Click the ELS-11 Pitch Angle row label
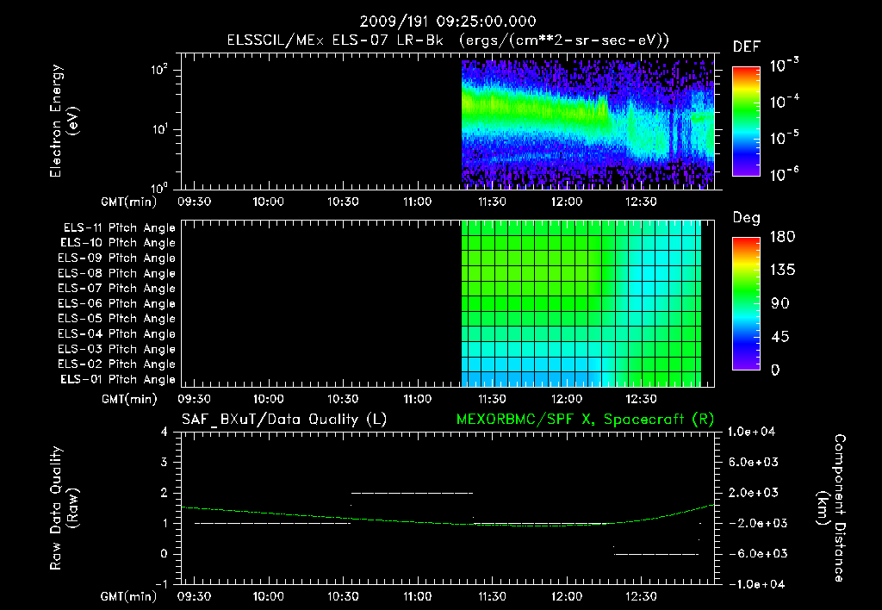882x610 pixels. [119, 228]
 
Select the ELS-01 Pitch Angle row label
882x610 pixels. [119, 379]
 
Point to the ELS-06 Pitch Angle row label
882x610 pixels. [119, 303]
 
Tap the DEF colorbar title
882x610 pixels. [746, 47]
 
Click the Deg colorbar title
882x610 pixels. [746, 218]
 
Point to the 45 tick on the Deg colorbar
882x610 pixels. [775, 337]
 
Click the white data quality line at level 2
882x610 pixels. [412, 493]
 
